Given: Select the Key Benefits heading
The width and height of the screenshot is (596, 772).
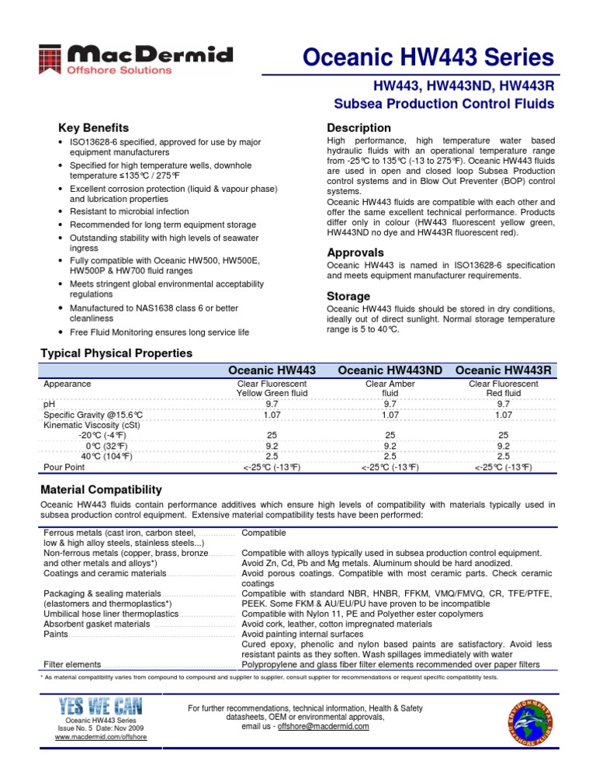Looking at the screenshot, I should pos(94,127).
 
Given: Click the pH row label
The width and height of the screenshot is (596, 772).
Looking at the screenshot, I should pos(49,405).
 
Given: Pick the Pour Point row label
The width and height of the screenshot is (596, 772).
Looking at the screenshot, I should pos(64,467).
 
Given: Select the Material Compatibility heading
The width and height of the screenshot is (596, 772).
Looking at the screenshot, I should pos(101,489).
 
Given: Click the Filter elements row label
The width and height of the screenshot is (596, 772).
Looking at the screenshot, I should pos(72,665).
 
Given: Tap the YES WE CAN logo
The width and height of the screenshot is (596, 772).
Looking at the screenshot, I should pos(90,706).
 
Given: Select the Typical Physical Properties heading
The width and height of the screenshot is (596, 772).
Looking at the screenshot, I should pos(116,353).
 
